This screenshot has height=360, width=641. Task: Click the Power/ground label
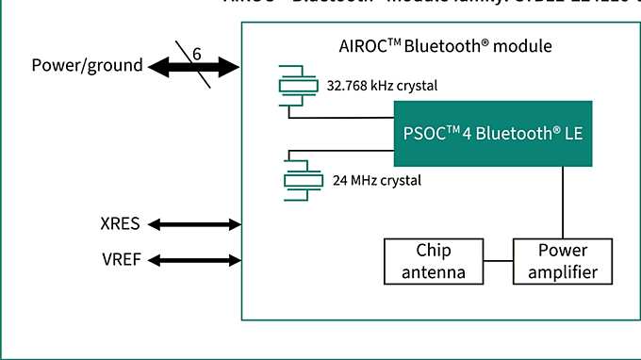(87, 65)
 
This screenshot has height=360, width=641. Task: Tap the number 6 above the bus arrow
(197, 54)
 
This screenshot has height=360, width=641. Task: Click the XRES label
(120, 224)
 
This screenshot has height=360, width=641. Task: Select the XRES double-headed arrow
(195, 224)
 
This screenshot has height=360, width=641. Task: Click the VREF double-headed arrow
(195, 259)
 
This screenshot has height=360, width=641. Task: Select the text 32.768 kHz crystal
(382, 85)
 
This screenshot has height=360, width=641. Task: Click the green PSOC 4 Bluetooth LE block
(493, 133)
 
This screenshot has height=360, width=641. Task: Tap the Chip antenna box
(434, 262)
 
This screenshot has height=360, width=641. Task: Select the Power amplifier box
(563, 262)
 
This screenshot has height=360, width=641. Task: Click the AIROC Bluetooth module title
(444, 45)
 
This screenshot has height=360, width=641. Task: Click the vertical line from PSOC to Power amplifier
(563, 203)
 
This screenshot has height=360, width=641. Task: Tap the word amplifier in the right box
(563, 272)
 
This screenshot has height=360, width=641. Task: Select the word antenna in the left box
(434, 272)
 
